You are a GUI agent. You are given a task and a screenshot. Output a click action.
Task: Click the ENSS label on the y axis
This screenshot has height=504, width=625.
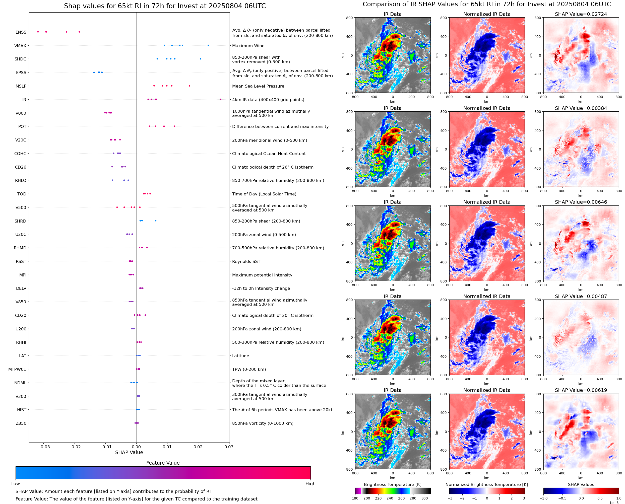tap(21, 32)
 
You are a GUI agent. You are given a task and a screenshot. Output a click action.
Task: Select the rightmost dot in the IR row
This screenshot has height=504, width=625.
tap(220, 99)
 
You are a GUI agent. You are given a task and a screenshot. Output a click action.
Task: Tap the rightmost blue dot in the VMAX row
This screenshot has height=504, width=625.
tap(208, 45)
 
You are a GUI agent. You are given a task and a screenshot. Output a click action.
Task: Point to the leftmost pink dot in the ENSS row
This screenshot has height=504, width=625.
tap(38, 32)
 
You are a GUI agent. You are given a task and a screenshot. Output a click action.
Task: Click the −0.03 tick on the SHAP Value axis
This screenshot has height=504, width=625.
tap(44, 447)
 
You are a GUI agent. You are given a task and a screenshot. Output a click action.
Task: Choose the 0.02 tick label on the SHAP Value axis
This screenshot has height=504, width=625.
tap(198, 447)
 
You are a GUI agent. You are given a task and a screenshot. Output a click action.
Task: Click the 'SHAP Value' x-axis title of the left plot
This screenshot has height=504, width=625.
tap(129, 452)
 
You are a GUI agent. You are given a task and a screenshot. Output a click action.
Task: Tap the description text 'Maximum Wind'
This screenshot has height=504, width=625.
tap(248, 46)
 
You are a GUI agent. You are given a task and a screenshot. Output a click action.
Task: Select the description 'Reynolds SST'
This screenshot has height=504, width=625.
tap(246, 261)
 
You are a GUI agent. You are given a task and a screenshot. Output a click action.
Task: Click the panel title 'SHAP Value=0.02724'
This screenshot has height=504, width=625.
tap(581, 14)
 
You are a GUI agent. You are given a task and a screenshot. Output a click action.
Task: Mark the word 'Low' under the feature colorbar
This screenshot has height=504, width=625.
tap(16, 483)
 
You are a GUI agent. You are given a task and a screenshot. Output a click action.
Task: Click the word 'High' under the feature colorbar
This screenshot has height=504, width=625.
tap(310, 483)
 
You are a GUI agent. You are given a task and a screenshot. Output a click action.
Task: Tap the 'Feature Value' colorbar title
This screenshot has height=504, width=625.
tap(163, 463)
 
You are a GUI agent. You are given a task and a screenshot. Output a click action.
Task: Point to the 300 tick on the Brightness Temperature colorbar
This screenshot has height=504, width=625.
tap(425, 498)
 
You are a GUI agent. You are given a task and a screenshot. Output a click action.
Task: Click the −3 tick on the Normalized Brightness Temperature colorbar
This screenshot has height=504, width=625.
tap(450, 498)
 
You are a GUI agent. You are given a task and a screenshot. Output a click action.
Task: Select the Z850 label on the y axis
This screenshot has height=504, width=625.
tap(21, 423)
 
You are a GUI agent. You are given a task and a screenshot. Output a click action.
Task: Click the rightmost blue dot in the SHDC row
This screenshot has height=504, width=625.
tap(200, 59)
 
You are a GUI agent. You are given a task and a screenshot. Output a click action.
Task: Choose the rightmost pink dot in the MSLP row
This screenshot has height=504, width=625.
tap(189, 86)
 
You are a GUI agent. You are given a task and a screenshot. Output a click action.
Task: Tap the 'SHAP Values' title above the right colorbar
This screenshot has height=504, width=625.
tap(581, 484)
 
